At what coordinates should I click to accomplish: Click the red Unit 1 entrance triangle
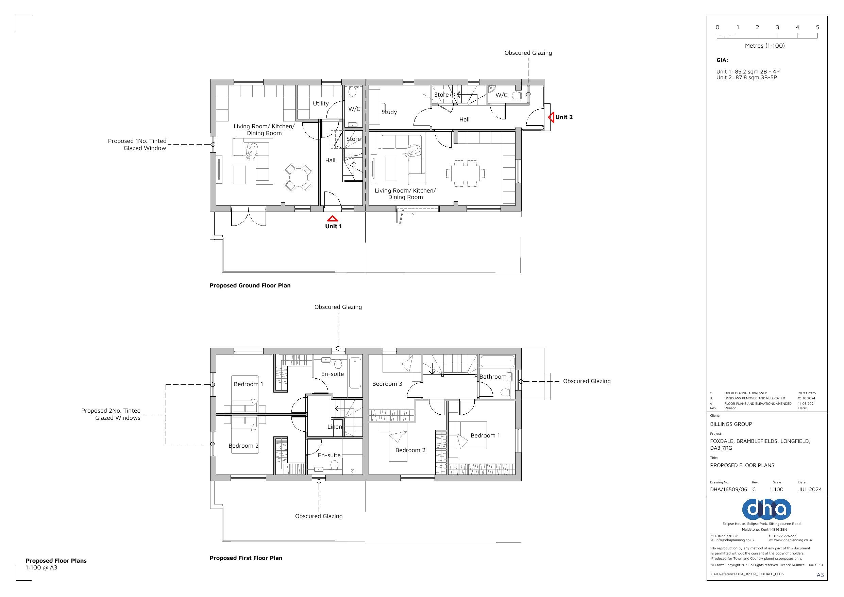pos(332,218)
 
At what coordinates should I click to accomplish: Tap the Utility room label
pos(321,104)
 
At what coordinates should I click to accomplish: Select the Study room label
pos(389,112)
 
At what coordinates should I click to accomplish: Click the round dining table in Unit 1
pos(298,177)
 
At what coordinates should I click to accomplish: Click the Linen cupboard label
pos(335,427)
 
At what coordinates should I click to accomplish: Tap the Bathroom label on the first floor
pos(493,377)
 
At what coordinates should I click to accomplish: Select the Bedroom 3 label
pos(387,384)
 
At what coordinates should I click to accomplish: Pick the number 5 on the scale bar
pos(817,27)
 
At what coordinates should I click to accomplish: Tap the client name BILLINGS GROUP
pos(731,424)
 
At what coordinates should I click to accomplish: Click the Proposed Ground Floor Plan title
pos(250,285)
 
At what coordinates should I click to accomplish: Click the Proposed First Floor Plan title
pos(246,558)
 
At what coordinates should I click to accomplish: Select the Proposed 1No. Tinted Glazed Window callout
pos(137,145)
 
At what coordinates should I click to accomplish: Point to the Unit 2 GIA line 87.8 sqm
pos(746,78)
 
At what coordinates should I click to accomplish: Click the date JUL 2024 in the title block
pos(810,490)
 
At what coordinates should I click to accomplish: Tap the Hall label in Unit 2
pos(464,119)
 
